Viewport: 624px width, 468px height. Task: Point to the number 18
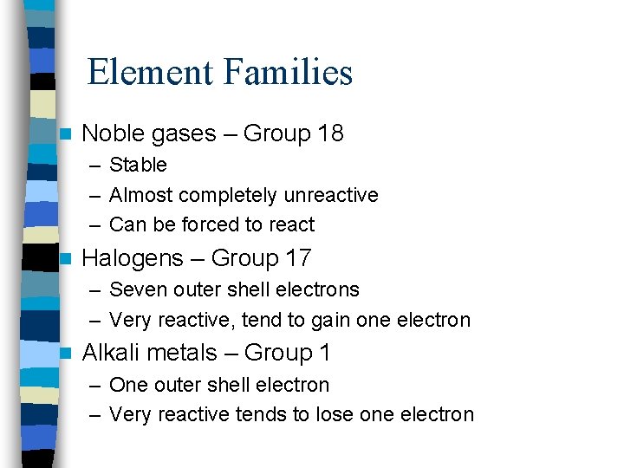(330, 133)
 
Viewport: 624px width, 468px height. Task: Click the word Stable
(139, 165)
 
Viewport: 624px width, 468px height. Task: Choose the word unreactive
(330, 195)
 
